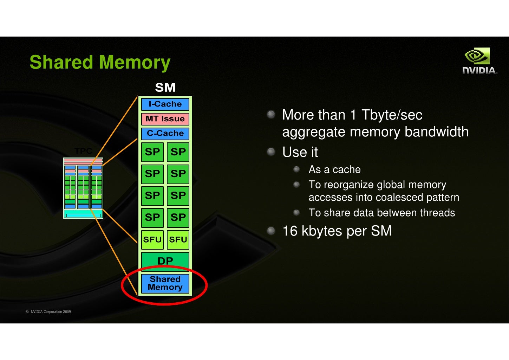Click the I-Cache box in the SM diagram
[x=165, y=104]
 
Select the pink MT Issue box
[x=165, y=119]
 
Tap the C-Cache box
[x=165, y=134]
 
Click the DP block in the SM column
[x=165, y=261]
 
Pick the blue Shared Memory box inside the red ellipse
[x=165, y=283]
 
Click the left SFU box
[x=152, y=240]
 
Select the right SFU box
[x=178, y=240]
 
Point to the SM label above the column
[x=165, y=88]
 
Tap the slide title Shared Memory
[x=100, y=62]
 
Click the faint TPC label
[x=83, y=151]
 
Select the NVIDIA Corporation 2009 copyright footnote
[x=48, y=312]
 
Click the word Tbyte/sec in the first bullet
[x=392, y=115]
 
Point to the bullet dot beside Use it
[x=271, y=152]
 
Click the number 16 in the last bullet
[x=290, y=231]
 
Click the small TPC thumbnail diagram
[x=83, y=188]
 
